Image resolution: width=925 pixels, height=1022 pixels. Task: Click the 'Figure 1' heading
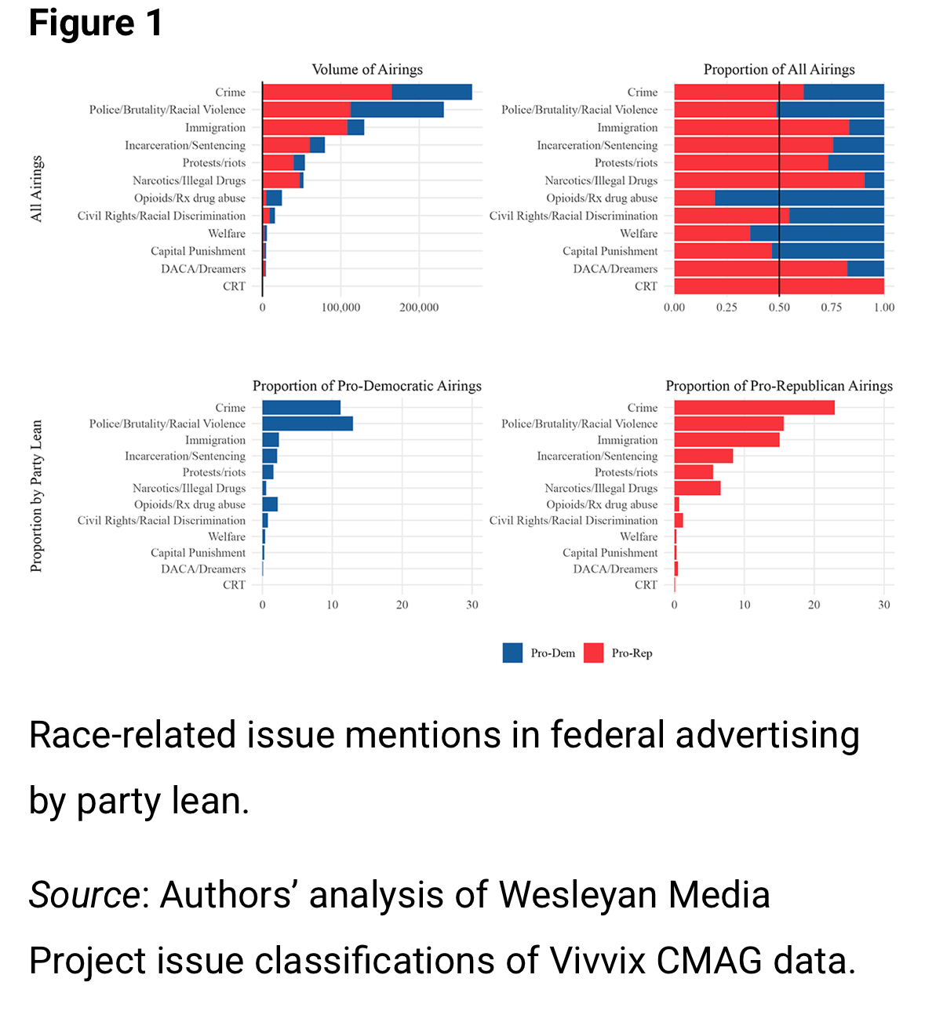[96, 24]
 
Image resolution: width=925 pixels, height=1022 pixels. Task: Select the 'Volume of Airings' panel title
[367, 69]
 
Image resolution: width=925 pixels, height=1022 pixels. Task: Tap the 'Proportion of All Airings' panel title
[779, 69]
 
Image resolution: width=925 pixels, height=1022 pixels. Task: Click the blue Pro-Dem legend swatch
[512, 653]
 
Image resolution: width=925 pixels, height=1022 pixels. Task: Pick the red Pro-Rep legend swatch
[594, 653]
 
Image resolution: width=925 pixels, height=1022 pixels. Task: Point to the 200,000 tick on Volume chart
[419, 307]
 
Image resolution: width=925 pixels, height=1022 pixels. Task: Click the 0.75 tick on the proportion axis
[832, 307]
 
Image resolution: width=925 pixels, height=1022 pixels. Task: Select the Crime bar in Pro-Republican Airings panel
[754, 408]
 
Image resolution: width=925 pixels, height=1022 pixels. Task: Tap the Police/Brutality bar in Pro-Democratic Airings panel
[308, 424]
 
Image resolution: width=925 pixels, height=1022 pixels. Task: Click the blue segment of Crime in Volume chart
[432, 92]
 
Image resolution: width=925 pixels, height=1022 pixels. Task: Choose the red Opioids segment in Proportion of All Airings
[694, 198]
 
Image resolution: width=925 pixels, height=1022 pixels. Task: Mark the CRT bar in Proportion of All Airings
[779, 286]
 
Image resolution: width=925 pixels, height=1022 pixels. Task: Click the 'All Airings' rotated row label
[37, 189]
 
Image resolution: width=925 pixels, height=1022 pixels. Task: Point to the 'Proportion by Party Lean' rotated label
[37, 496]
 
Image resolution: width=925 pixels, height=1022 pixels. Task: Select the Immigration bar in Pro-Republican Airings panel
[727, 440]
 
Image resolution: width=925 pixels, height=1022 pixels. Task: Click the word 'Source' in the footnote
[84, 895]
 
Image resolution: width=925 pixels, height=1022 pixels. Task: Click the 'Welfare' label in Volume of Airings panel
[227, 234]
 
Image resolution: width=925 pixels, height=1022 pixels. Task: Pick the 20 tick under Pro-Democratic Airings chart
[402, 605]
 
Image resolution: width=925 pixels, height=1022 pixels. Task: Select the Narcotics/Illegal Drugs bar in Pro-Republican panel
[697, 489]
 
